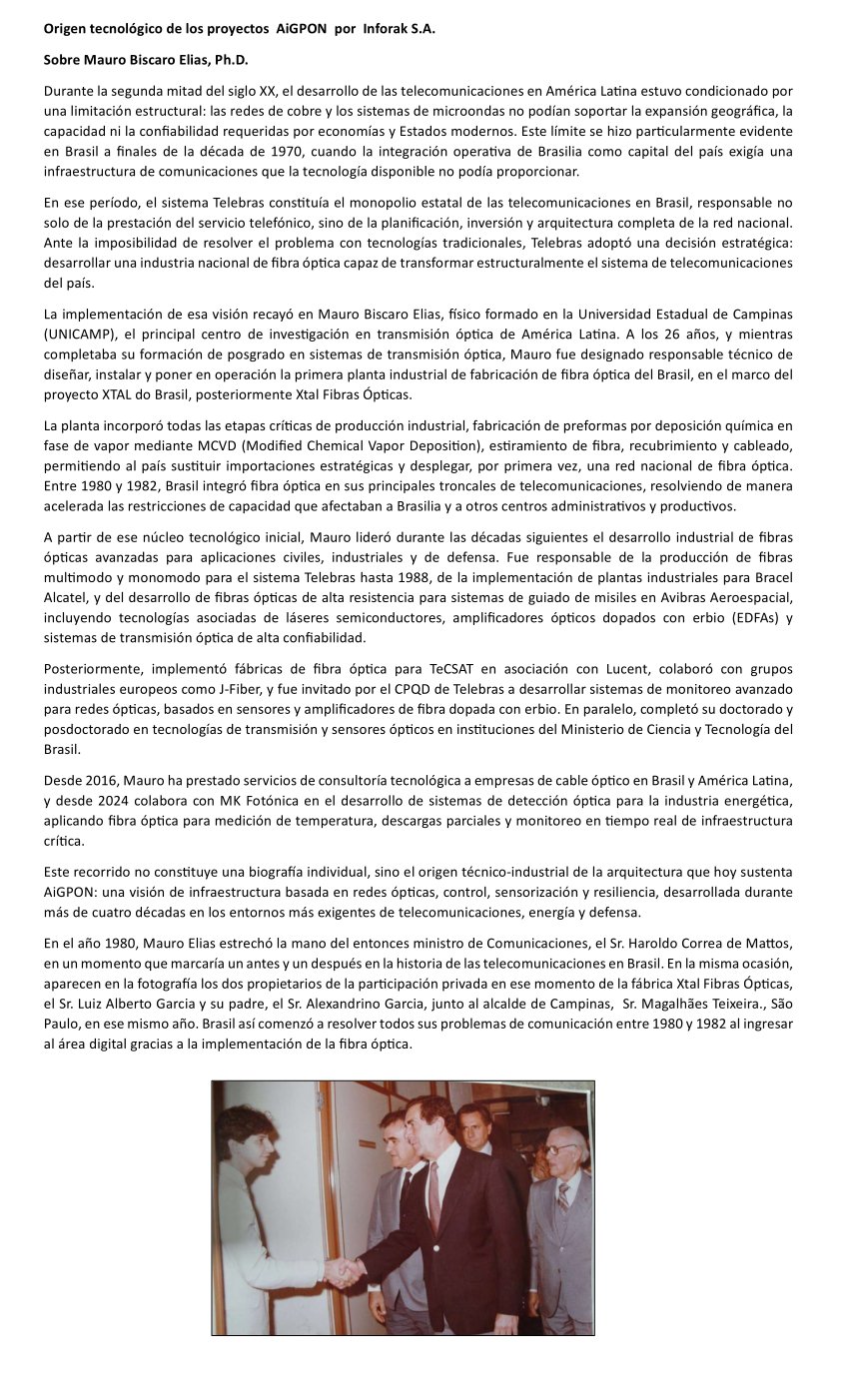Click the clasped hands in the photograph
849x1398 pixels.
(x=344, y=1271)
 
